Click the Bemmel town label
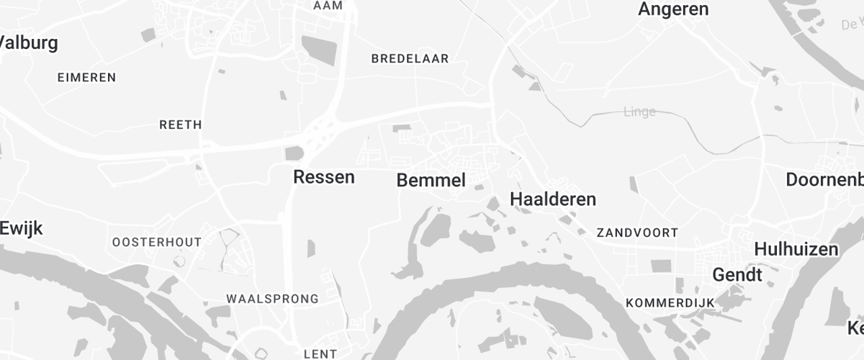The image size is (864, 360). [x=431, y=181]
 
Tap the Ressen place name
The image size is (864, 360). [x=323, y=177]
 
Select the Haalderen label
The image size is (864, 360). [x=553, y=199]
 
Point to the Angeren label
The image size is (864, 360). [x=673, y=9]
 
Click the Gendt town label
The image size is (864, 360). [x=737, y=275]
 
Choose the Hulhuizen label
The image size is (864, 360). [x=796, y=250]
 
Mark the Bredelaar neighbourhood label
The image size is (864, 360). [x=410, y=59]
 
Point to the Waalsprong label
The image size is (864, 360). [x=272, y=299]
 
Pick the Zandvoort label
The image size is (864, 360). [x=637, y=233]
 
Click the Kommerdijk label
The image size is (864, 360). [x=669, y=302]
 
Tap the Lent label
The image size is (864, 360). [x=320, y=354]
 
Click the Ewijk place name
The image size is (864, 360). [x=22, y=229]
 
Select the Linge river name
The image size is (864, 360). [x=639, y=112]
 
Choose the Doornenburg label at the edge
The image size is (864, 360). [x=824, y=180]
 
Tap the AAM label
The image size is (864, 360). [x=328, y=6]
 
